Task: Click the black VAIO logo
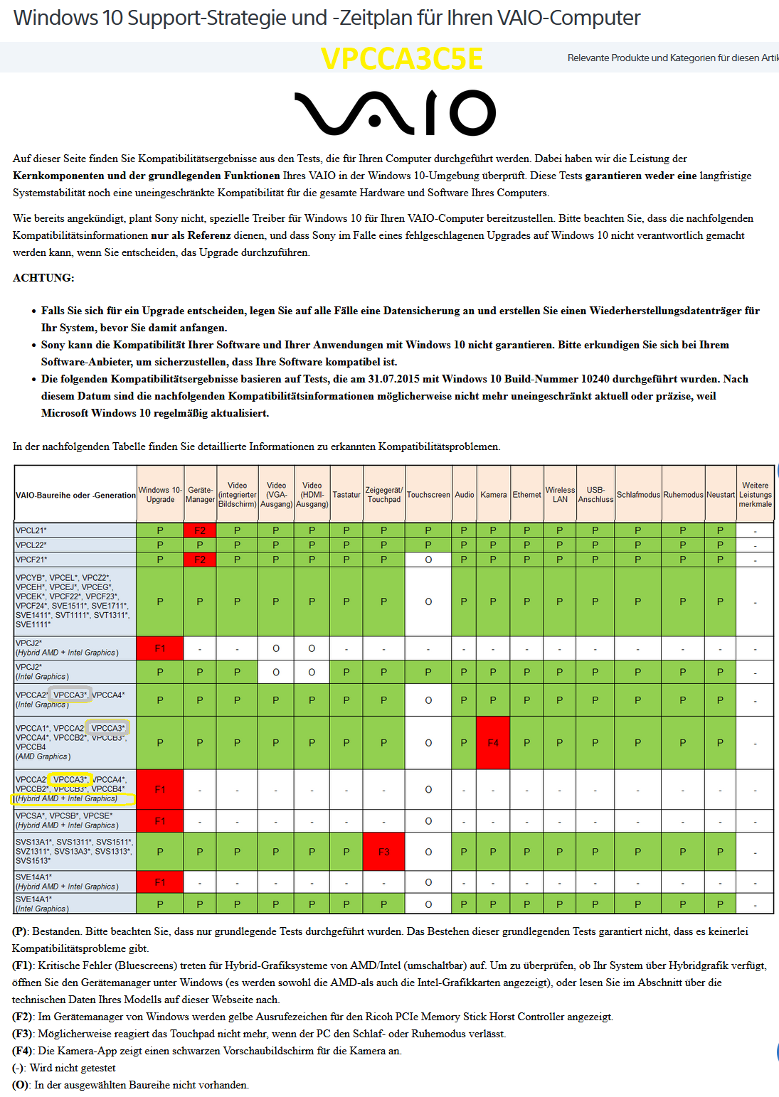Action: coord(395,113)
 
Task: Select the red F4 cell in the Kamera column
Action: coord(493,743)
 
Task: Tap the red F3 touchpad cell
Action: coord(383,852)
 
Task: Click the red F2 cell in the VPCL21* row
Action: coord(200,530)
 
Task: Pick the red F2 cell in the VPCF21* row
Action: coord(200,560)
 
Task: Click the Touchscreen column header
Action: coord(428,495)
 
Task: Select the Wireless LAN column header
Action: coord(560,495)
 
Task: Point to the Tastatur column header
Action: coord(346,495)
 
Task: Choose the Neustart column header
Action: coord(720,495)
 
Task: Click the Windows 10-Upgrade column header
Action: coord(160,495)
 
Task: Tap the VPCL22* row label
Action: coord(31,545)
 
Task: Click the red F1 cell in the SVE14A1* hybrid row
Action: coord(160,882)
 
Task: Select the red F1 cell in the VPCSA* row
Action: coord(160,821)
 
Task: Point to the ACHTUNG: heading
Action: coord(43,278)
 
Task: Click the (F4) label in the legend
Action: coord(23,1051)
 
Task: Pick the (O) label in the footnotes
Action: coord(22,1085)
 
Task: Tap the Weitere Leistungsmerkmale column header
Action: coord(755,495)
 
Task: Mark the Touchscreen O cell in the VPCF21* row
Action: coord(428,560)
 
